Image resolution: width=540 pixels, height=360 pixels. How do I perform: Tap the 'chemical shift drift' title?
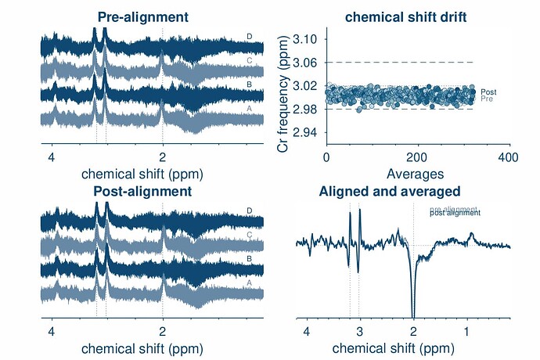[x=398, y=16]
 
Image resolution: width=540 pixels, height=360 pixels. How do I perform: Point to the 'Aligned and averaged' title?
[x=389, y=191]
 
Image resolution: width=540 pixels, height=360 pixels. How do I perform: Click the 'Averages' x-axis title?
[x=417, y=172]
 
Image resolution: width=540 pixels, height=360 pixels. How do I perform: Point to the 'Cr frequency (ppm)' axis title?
[x=286, y=86]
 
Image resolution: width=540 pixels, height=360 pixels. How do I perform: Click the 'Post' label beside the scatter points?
[x=488, y=92]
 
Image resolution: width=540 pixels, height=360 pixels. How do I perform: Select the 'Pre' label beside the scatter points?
[x=487, y=99]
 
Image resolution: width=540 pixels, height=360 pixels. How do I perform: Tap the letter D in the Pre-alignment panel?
[x=249, y=36]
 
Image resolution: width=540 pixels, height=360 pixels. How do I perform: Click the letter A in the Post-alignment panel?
[x=249, y=283]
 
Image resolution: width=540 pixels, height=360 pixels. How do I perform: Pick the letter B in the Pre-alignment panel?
[x=249, y=85]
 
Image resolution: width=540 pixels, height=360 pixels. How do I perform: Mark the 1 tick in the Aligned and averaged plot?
[x=466, y=331]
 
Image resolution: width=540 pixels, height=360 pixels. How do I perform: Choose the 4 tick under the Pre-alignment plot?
[x=52, y=157]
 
